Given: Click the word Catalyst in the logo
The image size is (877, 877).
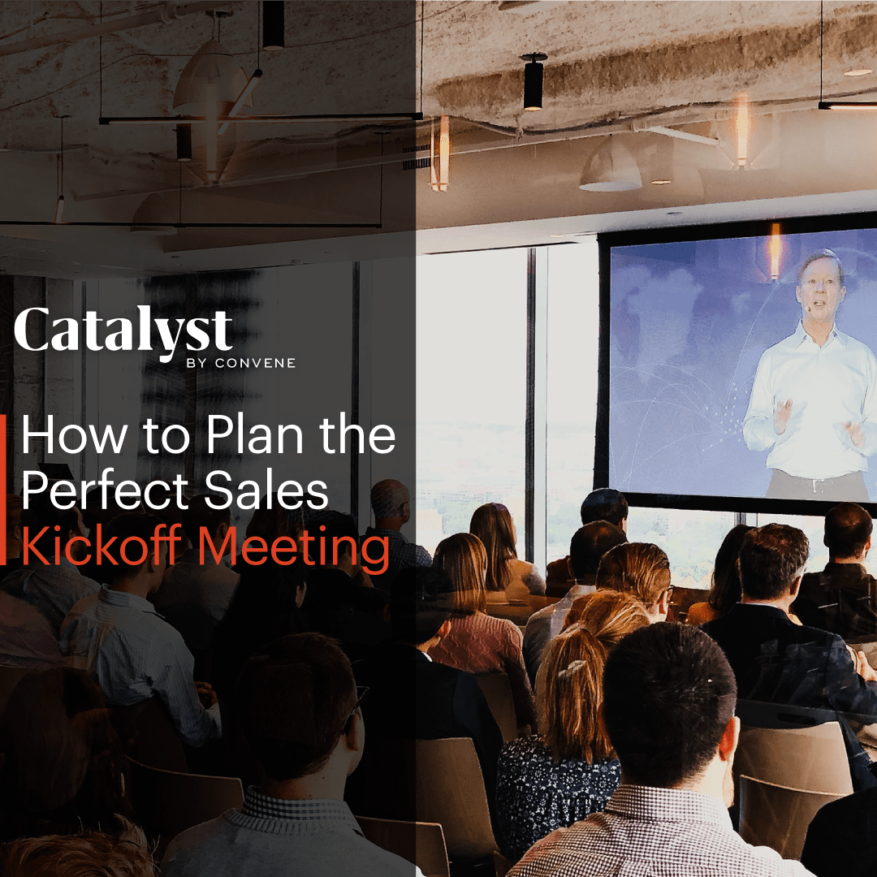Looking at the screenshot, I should point(123,331).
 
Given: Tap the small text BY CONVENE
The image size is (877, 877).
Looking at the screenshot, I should point(240,363).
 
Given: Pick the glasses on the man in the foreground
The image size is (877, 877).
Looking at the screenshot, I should point(355,704).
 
